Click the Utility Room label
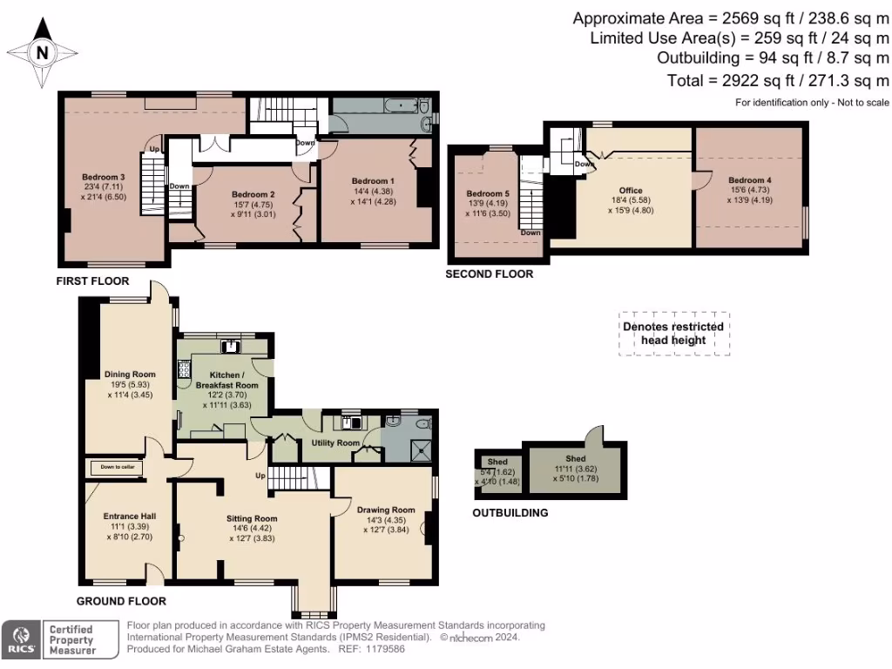click(335, 443)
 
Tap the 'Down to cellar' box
click(118, 468)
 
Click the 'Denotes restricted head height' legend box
click(673, 334)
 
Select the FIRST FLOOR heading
click(92, 281)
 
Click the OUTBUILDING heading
click(510, 513)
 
